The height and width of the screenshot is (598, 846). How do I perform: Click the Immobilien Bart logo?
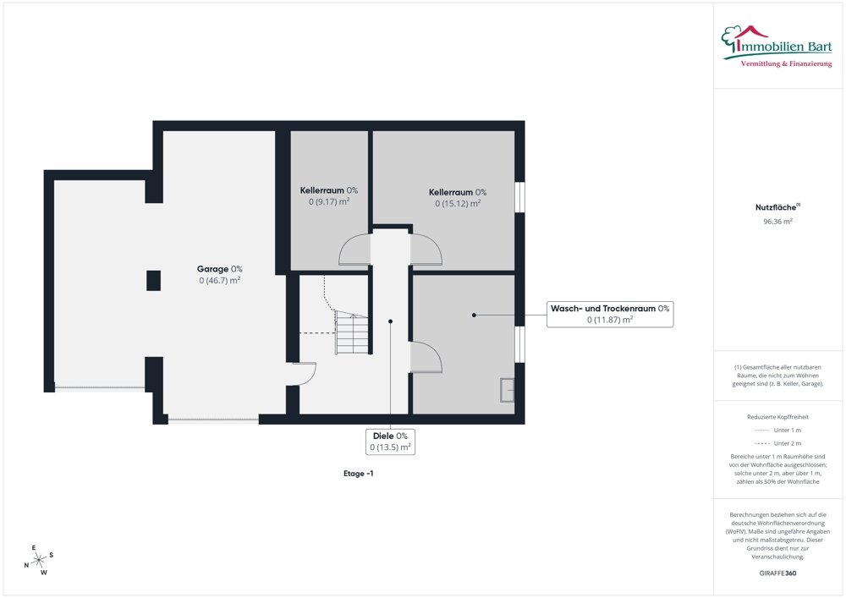(x=777, y=47)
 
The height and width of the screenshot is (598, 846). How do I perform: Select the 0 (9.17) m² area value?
(x=329, y=201)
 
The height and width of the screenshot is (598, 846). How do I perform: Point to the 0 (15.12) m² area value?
(x=458, y=203)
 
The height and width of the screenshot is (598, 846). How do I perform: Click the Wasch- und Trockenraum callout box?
(x=610, y=314)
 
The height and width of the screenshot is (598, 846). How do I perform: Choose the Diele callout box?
(x=390, y=442)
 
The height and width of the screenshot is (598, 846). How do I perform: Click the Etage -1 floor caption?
(x=358, y=474)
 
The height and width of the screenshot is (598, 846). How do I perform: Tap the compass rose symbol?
(x=39, y=561)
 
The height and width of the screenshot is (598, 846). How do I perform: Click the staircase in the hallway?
(x=352, y=332)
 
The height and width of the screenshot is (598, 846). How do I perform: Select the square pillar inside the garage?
(x=154, y=281)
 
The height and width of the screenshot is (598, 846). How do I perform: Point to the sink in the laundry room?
(x=507, y=390)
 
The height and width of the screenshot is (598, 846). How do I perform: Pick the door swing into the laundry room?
(x=426, y=357)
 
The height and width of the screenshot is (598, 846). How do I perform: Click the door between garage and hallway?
(x=305, y=374)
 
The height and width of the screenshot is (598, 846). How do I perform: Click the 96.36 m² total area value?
(x=777, y=221)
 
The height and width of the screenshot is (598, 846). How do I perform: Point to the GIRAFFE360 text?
(x=777, y=573)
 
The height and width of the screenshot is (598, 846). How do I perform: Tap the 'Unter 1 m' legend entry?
(x=777, y=431)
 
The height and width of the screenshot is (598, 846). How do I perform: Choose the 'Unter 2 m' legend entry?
(x=777, y=443)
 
